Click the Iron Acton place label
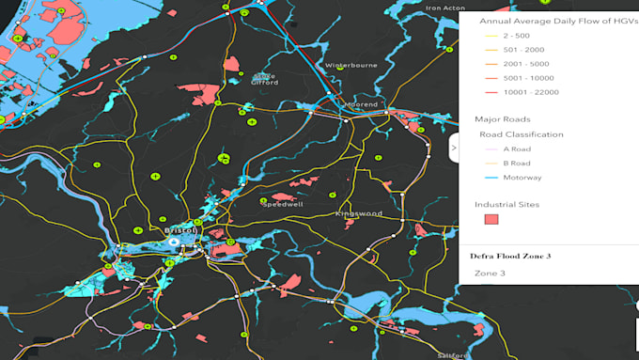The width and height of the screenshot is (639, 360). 446,8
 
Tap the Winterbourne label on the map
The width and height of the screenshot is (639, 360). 350,66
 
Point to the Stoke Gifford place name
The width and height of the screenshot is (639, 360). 264,79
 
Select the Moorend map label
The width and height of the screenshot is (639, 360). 362,104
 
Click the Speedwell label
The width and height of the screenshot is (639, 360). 282,203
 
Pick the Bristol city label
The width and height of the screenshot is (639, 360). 180,230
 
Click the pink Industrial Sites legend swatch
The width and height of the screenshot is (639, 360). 491,219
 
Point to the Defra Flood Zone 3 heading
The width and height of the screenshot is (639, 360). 511,255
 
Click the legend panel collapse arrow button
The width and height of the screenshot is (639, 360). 454,148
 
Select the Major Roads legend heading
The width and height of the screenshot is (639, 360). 503,119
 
